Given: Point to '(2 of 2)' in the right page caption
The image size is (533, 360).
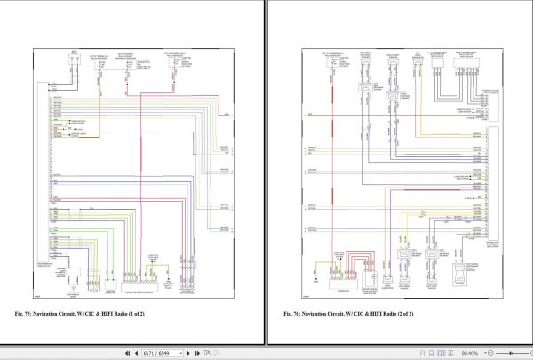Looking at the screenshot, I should [402, 315].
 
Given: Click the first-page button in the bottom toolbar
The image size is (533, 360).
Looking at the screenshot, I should [122, 353].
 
